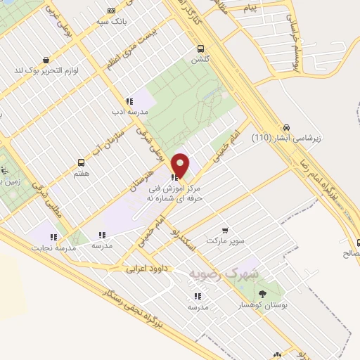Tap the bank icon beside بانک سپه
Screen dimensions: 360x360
(x=111, y=11)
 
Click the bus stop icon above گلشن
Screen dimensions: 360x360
(x=201, y=49)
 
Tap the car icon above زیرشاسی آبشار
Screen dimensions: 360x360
(x=285, y=127)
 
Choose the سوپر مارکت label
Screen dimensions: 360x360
(x=225, y=240)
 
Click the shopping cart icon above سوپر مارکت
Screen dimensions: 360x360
(x=225, y=230)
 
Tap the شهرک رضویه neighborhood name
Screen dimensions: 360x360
(x=225, y=273)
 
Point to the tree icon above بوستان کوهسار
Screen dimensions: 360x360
(x=262, y=294)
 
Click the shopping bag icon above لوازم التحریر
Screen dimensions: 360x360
(x=46, y=60)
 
